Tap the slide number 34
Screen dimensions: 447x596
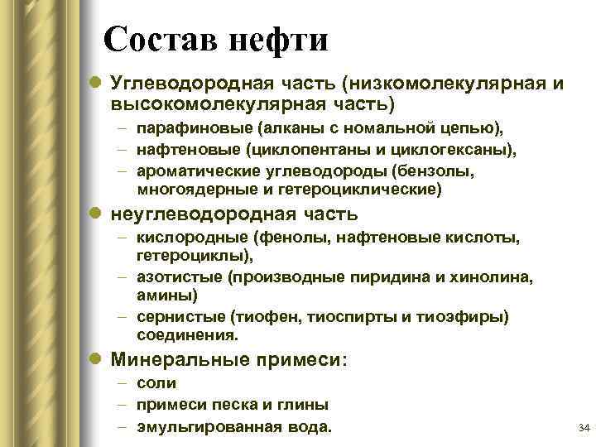pyautogui.click(x=583, y=428)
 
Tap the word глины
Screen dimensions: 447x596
pyautogui.click(x=306, y=406)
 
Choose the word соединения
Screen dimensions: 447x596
pyautogui.click(x=186, y=336)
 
